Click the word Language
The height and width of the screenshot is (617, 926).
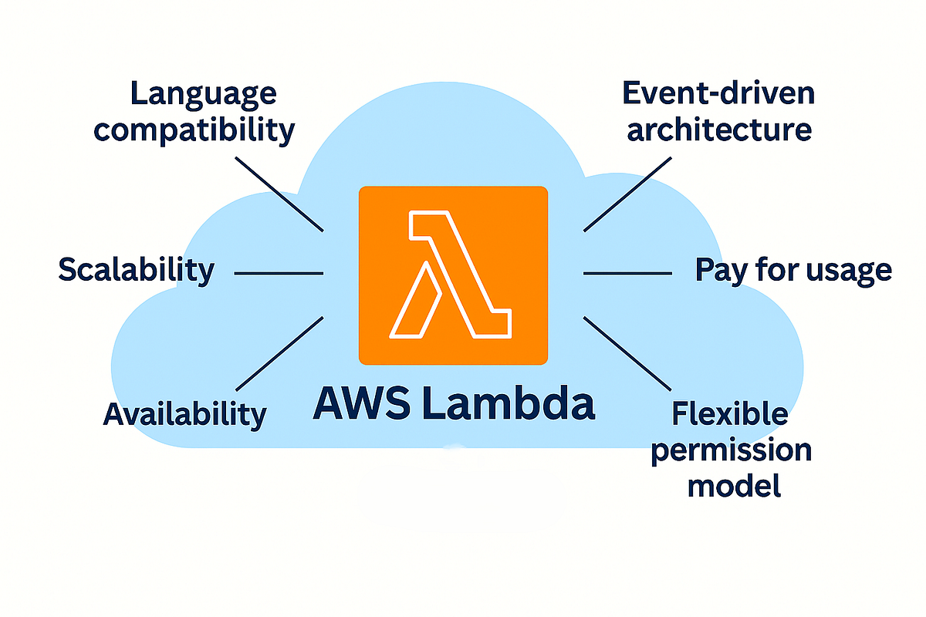203,94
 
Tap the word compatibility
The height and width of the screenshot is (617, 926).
194,130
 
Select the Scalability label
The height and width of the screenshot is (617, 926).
136,270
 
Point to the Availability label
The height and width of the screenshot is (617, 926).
184,414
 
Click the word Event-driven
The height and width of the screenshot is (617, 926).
718,94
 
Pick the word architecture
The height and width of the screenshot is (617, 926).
718,129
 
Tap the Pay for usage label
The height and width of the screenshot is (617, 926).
793,271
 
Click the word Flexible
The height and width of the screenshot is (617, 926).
730,414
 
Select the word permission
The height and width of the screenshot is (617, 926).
730,450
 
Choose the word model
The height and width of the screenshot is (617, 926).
734,486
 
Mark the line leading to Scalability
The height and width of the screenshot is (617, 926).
278,273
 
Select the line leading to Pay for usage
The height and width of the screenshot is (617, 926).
627,273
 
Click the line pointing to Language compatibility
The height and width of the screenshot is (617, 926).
279,193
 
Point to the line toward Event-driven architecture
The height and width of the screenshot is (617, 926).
627,193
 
